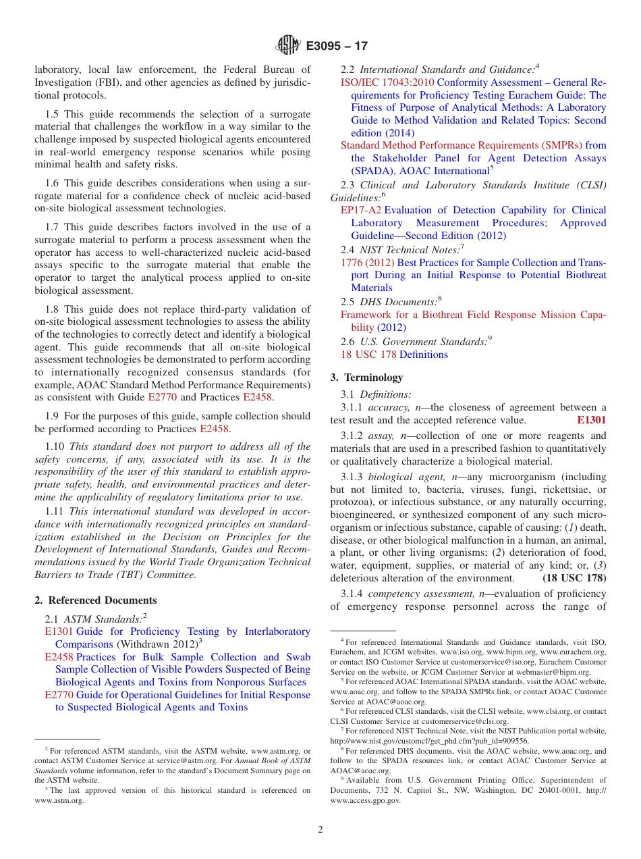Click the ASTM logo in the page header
(289, 46)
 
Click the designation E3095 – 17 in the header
(337, 47)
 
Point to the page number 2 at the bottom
(320, 830)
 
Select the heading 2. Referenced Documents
(96, 600)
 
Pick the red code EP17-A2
(361, 210)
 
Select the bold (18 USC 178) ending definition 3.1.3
(574, 578)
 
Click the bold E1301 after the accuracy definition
(591, 420)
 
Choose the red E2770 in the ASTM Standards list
(59, 695)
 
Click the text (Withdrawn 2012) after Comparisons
(146, 644)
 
